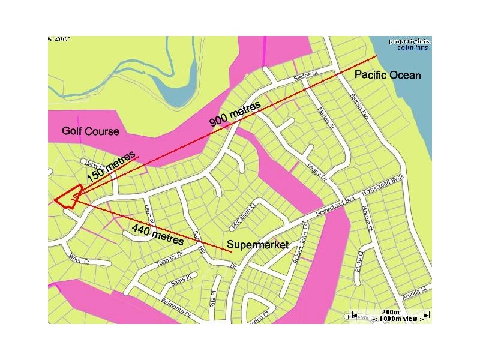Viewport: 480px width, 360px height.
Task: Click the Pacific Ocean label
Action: [x=388, y=75]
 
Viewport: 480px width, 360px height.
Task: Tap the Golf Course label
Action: [x=91, y=131]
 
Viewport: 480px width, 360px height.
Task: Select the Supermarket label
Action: [x=257, y=245]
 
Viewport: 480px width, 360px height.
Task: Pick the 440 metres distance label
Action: [x=157, y=233]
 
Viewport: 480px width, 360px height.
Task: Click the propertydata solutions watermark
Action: [x=409, y=44]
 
